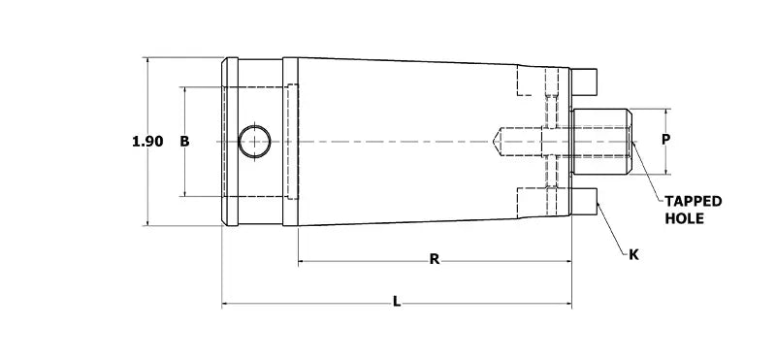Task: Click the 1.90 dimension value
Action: point(147,142)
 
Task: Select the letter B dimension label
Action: point(184,142)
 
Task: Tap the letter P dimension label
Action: point(665,140)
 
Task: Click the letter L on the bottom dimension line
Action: point(397,303)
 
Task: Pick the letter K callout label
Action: point(633,254)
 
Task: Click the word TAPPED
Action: point(693,201)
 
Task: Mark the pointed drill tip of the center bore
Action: point(499,142)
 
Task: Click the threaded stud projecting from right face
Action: point(601,142)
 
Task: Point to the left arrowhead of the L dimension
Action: point(226,305)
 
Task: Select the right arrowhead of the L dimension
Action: point(567,305)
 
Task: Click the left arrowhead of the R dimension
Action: point(302,261)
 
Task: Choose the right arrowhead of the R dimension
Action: point(567,261)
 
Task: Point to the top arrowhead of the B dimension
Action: point(184,90)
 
